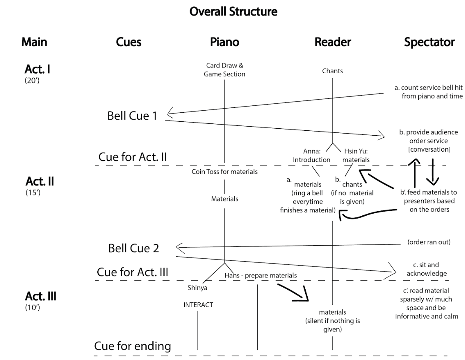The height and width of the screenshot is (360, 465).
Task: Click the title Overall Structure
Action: [x=233, y=11]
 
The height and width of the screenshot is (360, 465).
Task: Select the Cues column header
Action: [x=129, y=42]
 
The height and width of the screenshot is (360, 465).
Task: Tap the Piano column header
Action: [x=225, y=42]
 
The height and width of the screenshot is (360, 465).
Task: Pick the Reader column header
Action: [x=333, y=42]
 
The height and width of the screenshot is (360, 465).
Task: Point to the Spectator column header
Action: [x=429, y=42]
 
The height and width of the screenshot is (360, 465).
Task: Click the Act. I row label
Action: [x=38, y=70]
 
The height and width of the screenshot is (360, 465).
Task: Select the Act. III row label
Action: [x=40, y=296]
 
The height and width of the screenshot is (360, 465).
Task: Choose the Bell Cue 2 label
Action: [x=133, y=248]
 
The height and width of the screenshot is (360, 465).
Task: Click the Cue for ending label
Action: [x=132, y=346]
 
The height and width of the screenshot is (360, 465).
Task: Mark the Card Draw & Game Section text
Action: [x=224, y=70]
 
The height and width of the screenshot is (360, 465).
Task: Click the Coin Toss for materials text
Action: [x=225, y=172]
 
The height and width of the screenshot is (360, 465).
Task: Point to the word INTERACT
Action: [x=198, y=304]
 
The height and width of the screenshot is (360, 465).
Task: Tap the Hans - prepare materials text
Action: [x=261, y=275]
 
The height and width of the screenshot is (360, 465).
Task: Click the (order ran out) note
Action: [x=429, y=242]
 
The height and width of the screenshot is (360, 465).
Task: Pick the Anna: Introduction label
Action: [x=311, y=156]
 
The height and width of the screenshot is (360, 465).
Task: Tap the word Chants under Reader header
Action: [x=333, y=71]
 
